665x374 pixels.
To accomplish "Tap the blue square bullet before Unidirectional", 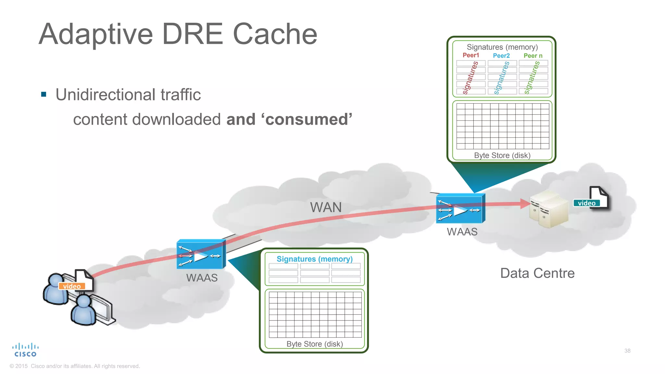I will tap(44, 94).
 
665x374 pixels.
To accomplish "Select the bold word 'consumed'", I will tap(308, 119).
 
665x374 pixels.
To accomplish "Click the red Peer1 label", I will tap(471, 55).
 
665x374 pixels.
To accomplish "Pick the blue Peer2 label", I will tap(501, 56).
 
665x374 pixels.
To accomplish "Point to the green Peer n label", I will tap(533, 56).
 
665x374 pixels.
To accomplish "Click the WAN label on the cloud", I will tap(326, 207).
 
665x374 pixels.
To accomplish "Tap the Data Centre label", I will tap(537, 273).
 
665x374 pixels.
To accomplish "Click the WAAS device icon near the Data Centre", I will tap(460, 209).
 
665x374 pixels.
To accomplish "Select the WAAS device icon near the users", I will tap(201, 255).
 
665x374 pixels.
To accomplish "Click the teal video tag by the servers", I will tap(586, 203).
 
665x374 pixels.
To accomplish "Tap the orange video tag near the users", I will tap(72, 286).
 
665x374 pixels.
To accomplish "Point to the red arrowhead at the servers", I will tap(524, 204).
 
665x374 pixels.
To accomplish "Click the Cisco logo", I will tap(25, 350).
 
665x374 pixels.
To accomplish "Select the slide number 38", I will tap(627, 351).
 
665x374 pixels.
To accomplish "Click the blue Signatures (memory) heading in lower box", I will tap(314, 259).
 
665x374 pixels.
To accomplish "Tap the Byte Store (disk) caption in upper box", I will tap(502, 156).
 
